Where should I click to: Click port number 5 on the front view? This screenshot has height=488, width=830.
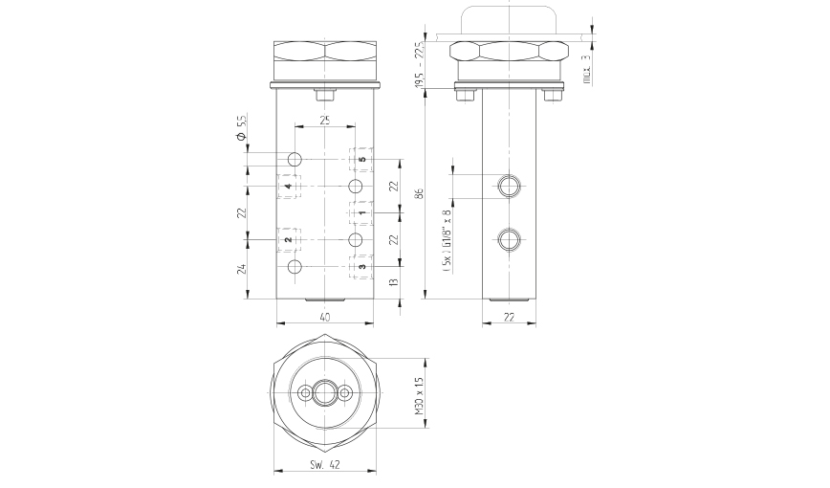click(362, 159)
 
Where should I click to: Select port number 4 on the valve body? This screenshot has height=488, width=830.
click(288, 186)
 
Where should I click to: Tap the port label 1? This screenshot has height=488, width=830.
click(362, 212)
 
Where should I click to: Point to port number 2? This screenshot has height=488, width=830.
click(288, 239)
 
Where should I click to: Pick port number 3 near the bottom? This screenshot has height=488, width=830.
click(362, 266)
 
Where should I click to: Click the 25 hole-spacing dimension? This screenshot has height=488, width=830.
click(325, 121)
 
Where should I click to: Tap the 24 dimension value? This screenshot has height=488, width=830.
click(242, 268)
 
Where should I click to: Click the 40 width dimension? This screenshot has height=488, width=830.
click(325, 316)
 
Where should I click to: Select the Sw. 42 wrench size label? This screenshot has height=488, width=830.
click(325, 465)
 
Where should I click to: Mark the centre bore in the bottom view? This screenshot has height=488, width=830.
click(325, 392)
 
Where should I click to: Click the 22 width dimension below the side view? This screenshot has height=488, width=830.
click(511, 316)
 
